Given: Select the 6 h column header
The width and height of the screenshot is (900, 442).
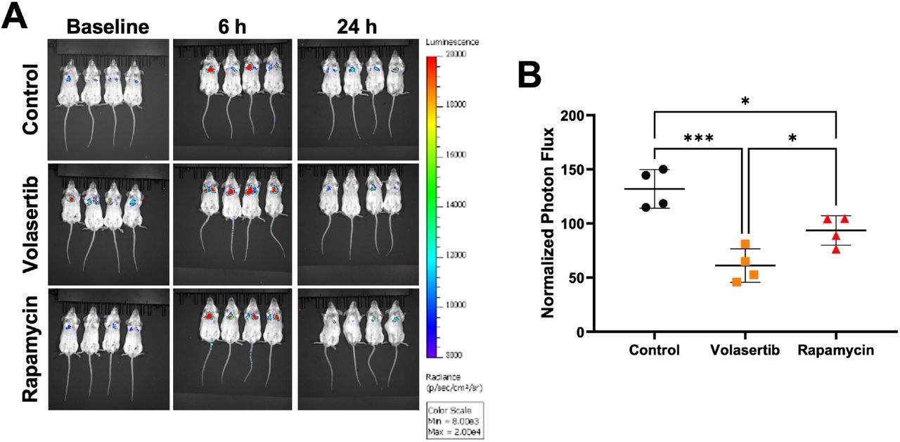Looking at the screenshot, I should [x=230, y=27].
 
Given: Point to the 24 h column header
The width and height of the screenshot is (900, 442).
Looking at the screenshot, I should [x=356, y=27].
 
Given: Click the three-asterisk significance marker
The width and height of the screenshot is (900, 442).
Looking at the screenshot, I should [x=699, y=138].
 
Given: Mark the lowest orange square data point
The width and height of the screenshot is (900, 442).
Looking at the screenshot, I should [x=736, y=282].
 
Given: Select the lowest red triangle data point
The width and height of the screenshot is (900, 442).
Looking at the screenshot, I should [x=835, y=249].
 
